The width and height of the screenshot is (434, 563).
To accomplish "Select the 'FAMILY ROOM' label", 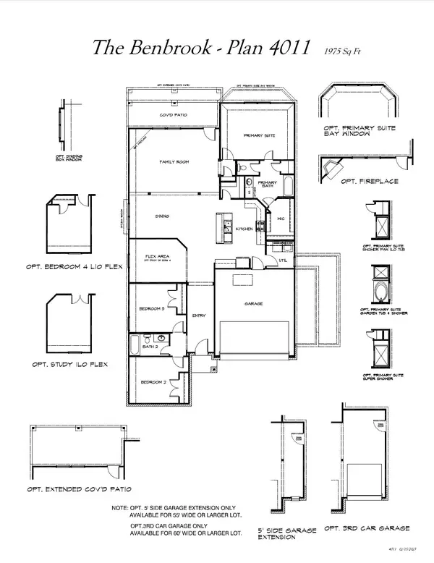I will tap(174, 162).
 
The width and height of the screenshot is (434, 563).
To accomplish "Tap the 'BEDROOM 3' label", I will tap(153, 309).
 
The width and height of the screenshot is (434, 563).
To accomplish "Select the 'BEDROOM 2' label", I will tap(153, 381).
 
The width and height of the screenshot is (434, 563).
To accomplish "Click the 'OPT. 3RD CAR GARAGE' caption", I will tap(367, 528).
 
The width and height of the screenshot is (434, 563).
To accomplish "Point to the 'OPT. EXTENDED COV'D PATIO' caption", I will tap(71, 490).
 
